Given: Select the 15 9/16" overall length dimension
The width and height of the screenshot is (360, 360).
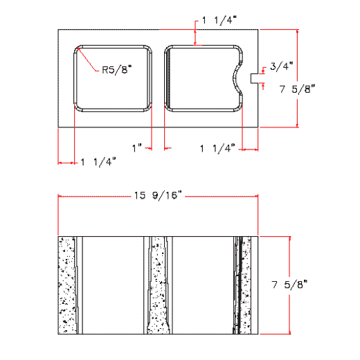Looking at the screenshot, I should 157,196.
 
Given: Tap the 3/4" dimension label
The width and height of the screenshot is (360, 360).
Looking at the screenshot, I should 282,66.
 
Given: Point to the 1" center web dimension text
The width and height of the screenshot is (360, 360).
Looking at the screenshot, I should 137,147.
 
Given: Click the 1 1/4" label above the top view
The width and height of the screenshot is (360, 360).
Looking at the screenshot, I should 219,21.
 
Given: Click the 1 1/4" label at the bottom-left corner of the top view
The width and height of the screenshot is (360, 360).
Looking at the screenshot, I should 98,162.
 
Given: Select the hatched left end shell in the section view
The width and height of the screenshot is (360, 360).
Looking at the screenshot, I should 66,285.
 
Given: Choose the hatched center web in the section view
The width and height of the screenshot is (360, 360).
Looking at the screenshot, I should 158,285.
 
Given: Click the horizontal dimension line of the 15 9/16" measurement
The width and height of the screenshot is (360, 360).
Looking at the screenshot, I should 90,196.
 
